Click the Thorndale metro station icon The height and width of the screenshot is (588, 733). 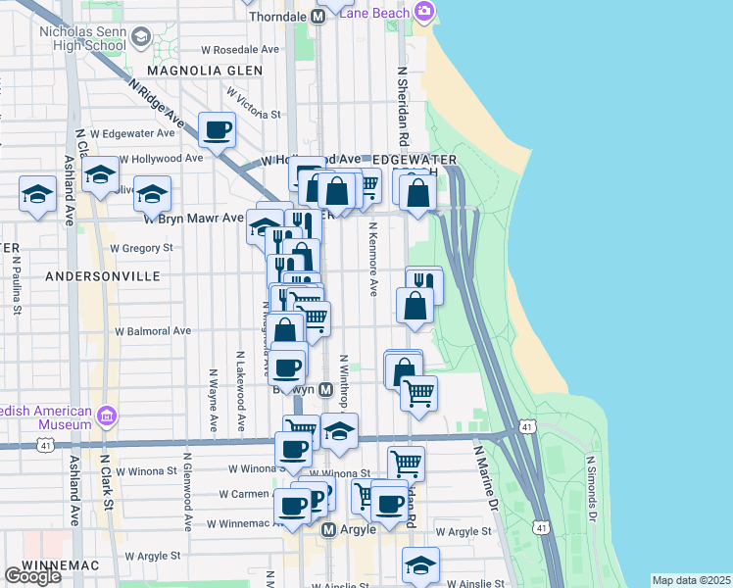pos(318,17)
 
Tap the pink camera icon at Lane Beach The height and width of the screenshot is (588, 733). pos(424,12)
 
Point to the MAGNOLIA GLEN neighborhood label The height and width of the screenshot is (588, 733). pos(205,71)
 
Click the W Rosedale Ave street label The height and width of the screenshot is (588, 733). pos(234,49)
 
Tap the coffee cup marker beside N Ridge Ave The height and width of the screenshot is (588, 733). pos(217,129)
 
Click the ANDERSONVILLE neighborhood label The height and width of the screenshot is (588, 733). pos(102,277)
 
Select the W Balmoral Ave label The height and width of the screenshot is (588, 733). pos(154,331)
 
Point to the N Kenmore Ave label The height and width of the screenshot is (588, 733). pos(372,260)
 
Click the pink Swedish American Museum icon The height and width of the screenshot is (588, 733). pos(108,418)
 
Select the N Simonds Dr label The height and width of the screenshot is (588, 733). pos(591,487)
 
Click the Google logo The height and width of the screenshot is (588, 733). pos(32,577)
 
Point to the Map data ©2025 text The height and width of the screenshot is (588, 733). pos(692,580)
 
